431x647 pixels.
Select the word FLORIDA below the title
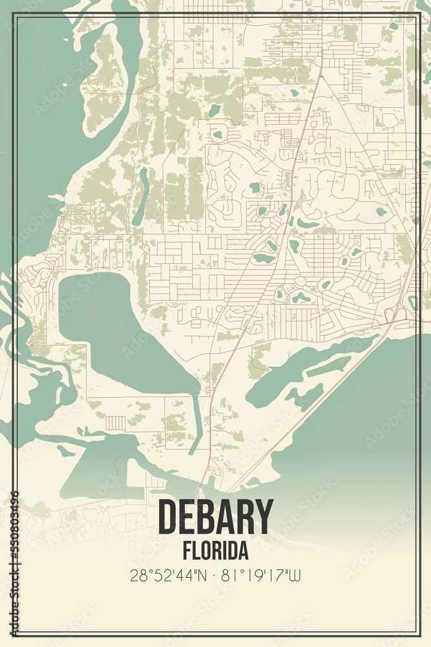pos(215,551)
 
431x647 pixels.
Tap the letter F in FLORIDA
pos(187,551)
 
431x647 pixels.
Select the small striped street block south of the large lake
pos(116,422)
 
